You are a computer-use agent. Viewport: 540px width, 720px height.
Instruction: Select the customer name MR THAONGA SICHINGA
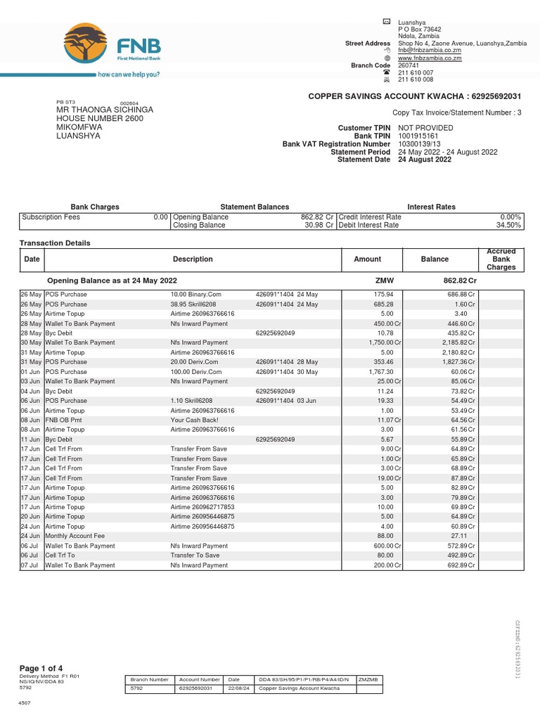coord(104,110)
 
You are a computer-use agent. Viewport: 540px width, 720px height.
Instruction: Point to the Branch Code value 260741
coord(409,65)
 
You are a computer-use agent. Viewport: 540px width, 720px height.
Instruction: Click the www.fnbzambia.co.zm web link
coord(430,58)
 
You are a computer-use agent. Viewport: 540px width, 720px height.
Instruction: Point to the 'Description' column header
coord(193,259)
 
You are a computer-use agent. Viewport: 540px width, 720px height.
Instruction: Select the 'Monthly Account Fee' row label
coord(75,536)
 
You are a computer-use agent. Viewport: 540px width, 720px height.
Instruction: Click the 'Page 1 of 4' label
coord(41,667)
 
